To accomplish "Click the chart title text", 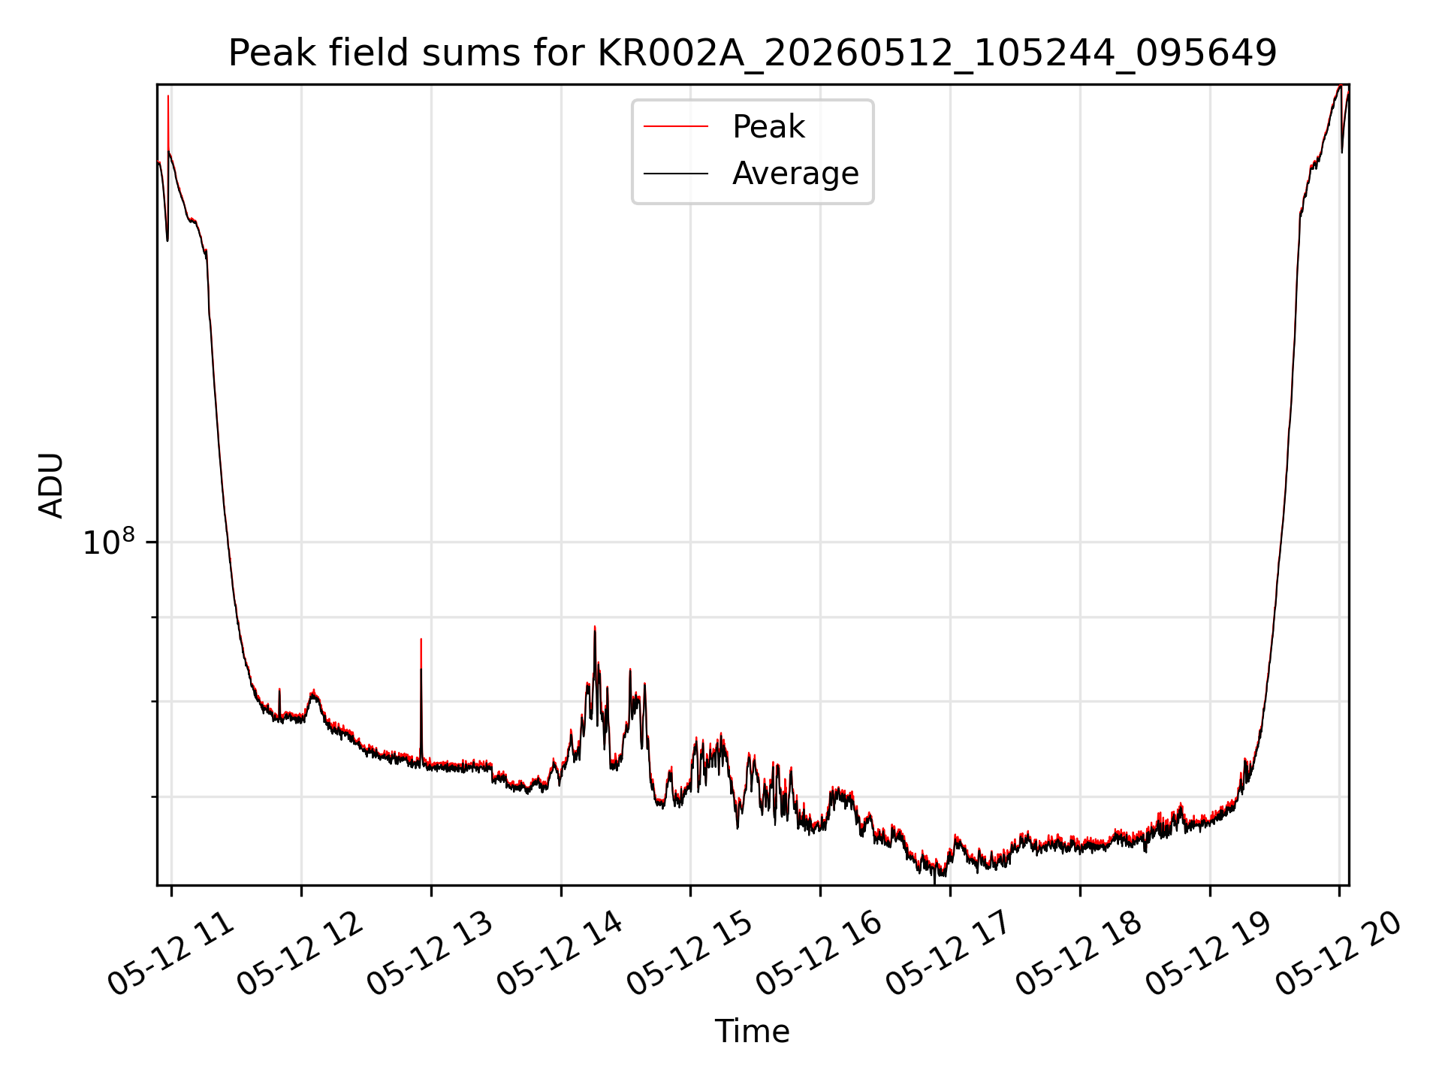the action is point(752,53).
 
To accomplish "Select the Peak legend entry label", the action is point(768,127).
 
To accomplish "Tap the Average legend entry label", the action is point(795,174).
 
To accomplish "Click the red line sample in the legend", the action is point(675,127).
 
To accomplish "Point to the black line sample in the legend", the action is point(675,174).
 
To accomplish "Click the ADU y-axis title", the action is point(51,485).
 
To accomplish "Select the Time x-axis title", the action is point(752,1032).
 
